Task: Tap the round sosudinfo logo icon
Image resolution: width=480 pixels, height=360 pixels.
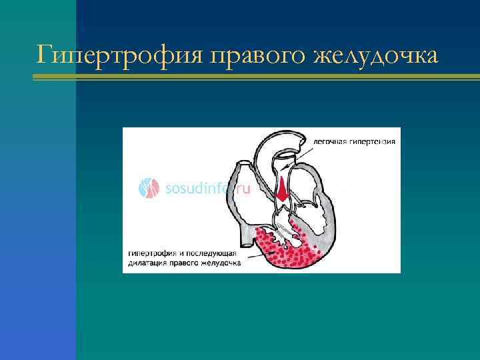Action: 149,188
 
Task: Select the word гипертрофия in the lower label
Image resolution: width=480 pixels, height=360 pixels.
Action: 153,253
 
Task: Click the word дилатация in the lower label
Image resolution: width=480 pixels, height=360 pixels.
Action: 148,263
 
